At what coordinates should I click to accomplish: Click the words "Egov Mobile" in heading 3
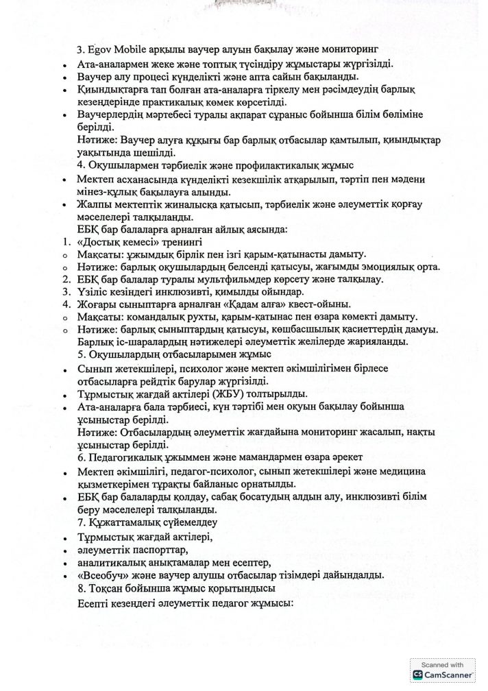[115, 49]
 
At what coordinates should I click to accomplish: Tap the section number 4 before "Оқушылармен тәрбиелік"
[82, 165]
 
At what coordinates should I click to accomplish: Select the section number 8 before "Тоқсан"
[82, 588]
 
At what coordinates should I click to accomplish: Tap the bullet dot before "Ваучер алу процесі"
[64, 77]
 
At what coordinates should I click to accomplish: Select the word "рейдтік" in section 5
[153, 381]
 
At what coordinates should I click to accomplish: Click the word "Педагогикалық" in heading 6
[127, 457]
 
